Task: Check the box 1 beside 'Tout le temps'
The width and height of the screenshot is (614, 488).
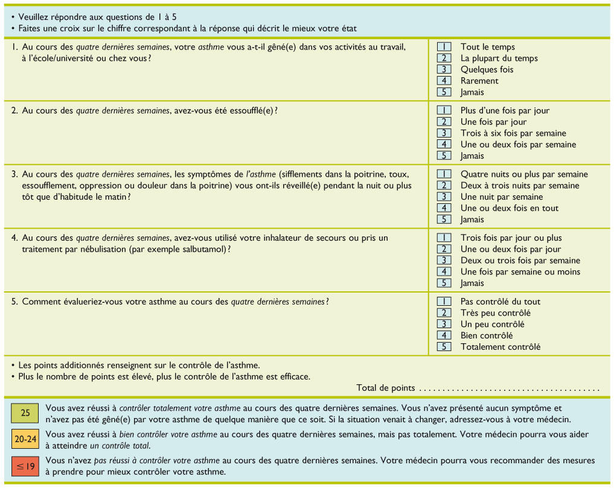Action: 444,46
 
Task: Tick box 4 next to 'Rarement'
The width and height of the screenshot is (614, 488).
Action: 444,81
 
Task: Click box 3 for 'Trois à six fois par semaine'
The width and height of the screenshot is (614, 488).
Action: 444,133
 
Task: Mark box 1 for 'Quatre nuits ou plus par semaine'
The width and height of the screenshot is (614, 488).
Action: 444,174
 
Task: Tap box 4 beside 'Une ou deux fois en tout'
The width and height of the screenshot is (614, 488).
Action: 444,208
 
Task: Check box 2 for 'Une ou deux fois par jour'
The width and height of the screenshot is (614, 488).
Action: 444,249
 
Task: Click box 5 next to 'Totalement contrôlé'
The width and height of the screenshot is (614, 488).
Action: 444,347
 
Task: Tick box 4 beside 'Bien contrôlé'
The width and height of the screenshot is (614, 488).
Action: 444,335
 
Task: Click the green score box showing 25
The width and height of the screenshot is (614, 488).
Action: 25,413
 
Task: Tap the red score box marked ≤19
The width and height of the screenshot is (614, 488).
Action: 25,467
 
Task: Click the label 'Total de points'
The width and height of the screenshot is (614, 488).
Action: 386,388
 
